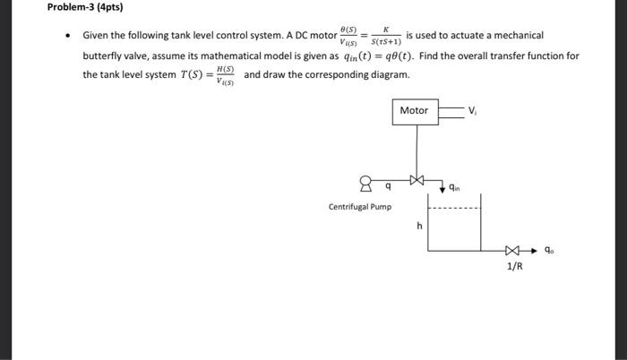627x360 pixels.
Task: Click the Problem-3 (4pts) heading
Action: pos(85,8)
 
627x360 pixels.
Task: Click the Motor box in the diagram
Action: pos(414,111)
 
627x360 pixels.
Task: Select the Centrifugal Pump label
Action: pos(359,207)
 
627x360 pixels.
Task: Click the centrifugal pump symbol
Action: pos(365,184)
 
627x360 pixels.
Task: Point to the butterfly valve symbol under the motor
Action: pos(415,180)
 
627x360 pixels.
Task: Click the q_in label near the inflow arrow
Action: pos(455,188)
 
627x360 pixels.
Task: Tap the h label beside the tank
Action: pos(418,227)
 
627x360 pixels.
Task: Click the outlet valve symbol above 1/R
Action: pos(511,251)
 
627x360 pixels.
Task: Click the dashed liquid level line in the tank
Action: pos(454,209)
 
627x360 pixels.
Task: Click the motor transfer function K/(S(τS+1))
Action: pos(384,35)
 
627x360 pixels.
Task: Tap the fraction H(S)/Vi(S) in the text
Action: pos(224,74)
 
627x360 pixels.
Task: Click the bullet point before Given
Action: pos(70,36)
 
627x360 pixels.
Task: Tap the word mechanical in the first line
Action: pos(514,35)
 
